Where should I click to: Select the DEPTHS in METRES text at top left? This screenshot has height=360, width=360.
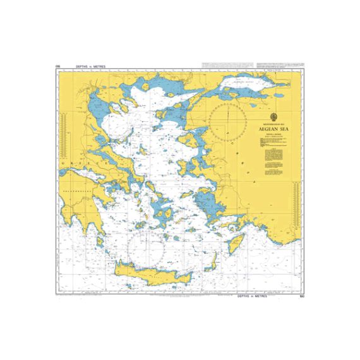coord(90,66)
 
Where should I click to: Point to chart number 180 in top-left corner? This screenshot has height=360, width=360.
coord(57,66)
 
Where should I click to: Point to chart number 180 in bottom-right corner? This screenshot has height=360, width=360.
coord(302,295)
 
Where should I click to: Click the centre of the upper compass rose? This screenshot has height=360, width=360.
coord(227,121)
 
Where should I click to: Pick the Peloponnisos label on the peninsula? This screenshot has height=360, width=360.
coord(76,187)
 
